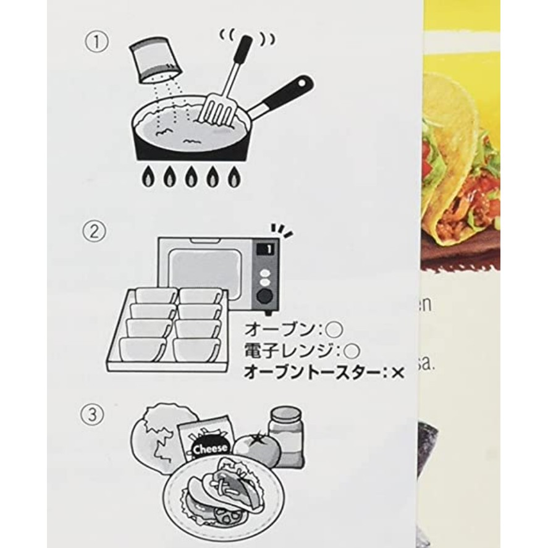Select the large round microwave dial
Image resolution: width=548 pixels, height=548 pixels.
(266, 295)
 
